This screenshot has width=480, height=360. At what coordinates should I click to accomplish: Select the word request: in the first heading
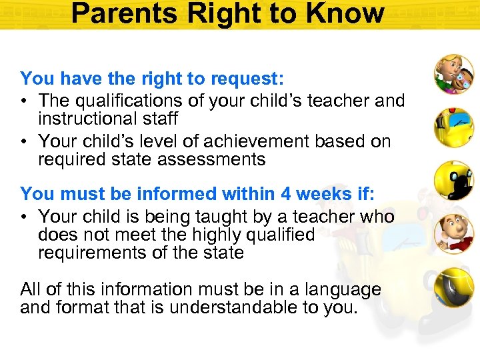click(248, 79)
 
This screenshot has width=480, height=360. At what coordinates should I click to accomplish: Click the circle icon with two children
click(454, 74)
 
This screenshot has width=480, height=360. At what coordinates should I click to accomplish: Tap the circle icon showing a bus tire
click(454, 287)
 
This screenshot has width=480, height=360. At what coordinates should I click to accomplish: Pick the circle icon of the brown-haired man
click(454, 233)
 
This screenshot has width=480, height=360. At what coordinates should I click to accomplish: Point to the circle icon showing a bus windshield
click(454, 127)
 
